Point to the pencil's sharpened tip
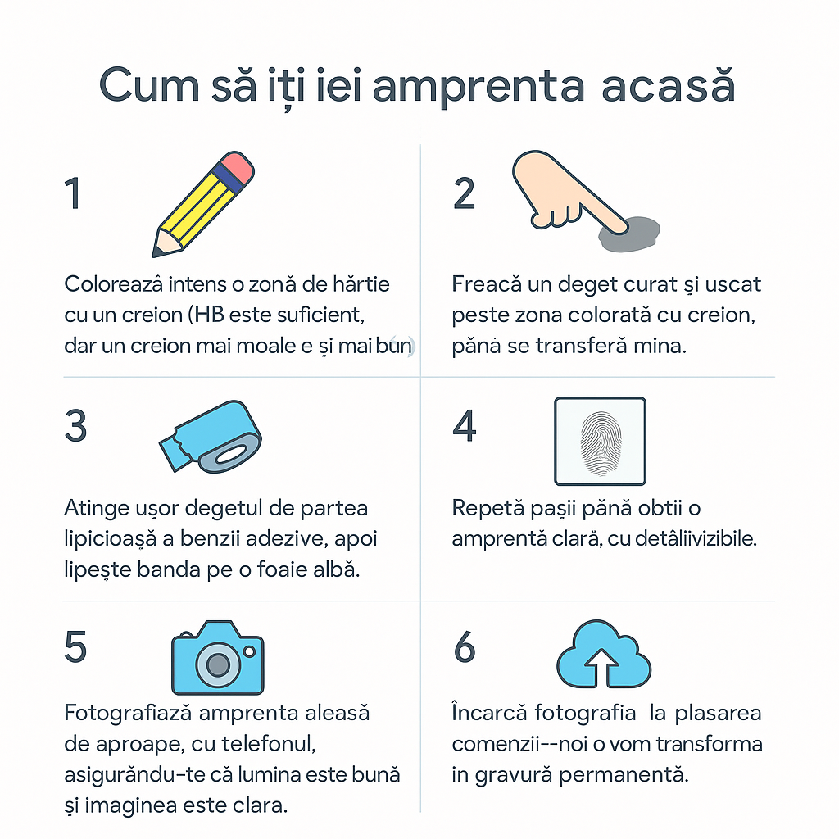(157, 252)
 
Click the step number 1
(73, 193)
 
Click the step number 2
(464, 193)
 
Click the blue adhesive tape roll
(211, 438)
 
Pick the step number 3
(75, 426)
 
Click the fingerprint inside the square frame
(601, 443)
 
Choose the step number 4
(465, 426)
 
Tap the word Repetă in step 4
(488, 508)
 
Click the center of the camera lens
(218, 665)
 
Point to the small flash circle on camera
(249, 651)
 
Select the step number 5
(75, 647)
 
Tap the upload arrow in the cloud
(602, 668)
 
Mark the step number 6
(465, 647)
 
